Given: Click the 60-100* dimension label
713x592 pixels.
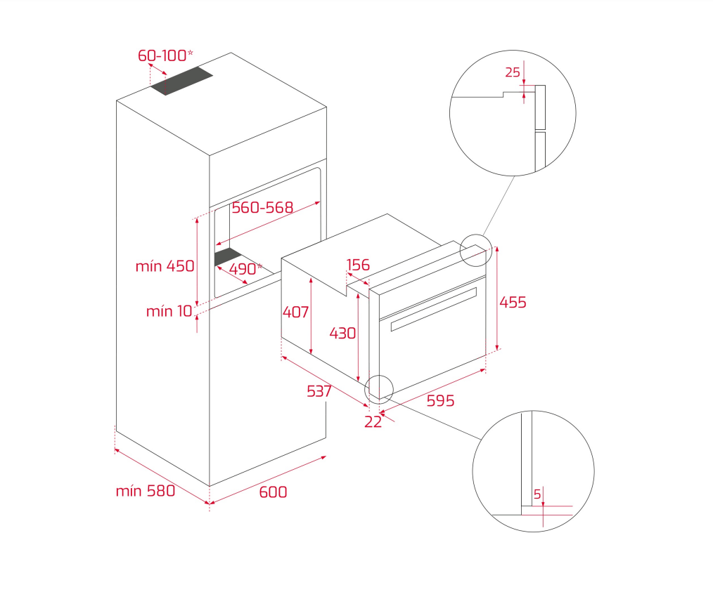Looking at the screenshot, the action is (x=165, y=55).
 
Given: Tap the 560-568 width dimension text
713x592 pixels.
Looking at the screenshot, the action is (x=262, y=207).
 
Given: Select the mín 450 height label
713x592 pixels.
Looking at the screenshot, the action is (x=165, y=266).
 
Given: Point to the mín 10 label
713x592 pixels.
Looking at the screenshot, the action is (x=169, y=311).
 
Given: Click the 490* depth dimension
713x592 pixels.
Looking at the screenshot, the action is (x=245, y=269).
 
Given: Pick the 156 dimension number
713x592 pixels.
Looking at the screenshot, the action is (x=358, y=265).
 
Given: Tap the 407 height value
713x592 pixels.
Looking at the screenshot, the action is (x=295, y=312).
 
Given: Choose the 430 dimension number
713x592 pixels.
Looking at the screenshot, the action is (x=342, y=334).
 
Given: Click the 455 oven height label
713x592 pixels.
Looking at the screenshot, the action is (x=513, y=303).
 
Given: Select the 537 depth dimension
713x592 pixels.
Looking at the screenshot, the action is (x=319, y=391).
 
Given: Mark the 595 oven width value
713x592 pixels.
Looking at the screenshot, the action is (x=440, y=400).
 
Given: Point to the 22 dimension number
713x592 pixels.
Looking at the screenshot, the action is (x=373, y=422).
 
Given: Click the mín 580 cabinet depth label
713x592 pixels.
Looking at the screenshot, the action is (x=146, y=491).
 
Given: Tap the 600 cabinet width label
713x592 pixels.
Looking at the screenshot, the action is (x=273, y=492).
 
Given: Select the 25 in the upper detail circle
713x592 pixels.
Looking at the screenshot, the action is (x=513, y=72).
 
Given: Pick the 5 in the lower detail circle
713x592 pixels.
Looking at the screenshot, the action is (x=537, y=494).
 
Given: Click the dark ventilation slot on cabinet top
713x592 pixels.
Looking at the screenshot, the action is (x=182, y=81).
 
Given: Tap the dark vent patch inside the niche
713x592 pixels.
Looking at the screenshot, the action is (x=229, y=256).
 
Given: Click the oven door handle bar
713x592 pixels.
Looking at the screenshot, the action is (x=433, y=309).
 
